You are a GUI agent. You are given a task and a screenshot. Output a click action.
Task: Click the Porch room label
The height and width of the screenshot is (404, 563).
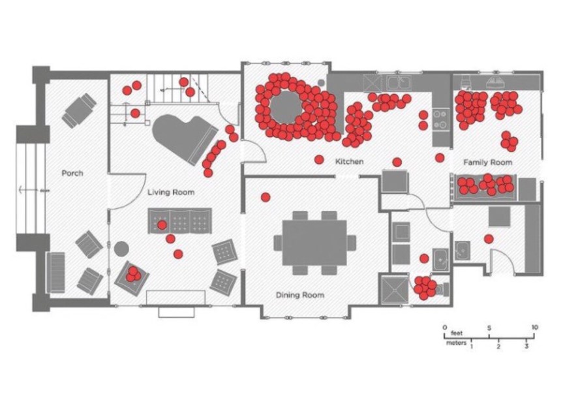[x=72, y=173]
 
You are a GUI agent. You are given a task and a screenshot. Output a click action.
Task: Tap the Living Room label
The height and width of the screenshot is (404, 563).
[x=171, y=192]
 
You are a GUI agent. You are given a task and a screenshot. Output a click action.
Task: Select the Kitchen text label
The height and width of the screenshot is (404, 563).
[x=349, y=162]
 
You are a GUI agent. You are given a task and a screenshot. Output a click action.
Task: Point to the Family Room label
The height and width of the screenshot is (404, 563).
[x=487, y=163]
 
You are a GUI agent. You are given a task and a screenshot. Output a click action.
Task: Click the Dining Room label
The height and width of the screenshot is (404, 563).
[x=300, y=295]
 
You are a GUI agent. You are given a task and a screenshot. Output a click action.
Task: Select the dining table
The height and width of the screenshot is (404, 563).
[x=314, y=242]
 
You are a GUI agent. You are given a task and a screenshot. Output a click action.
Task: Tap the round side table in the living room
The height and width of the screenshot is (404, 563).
[x=121, y=249]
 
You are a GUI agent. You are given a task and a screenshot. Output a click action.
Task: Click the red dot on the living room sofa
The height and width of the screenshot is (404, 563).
[x=162, y=225]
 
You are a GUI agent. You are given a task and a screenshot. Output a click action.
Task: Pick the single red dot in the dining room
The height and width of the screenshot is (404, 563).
[x=266, y=197]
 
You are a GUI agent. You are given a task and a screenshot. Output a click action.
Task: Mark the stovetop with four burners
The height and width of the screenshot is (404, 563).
[x=440, y=119]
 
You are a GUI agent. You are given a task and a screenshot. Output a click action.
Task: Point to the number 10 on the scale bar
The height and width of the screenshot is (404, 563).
[x=534, y=327]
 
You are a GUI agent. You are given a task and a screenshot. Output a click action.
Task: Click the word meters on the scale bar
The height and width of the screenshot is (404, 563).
[x=456, y=343]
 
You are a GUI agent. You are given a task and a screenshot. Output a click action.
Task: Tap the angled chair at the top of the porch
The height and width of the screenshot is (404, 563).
[x=79, y=110]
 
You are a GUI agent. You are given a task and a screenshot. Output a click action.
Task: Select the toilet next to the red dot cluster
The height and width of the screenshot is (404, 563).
[x=443, y=289]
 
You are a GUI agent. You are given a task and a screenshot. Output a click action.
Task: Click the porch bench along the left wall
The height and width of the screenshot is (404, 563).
[x=56, y=273]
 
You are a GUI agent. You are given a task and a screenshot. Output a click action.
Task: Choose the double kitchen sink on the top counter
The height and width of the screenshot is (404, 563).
[x=399, y=83]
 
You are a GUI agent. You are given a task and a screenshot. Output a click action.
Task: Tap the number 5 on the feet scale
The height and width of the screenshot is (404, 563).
[x=489, y=328]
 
